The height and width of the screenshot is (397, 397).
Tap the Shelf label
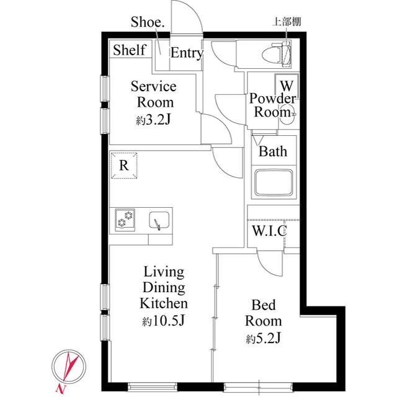point(130,50)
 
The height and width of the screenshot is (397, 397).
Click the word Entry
point(187,53)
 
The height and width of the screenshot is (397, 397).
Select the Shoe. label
point(148,24)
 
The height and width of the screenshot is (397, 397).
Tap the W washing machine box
point(287,84)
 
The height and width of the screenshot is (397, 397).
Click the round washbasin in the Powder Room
point(288,116)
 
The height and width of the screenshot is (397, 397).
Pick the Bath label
point(273,151)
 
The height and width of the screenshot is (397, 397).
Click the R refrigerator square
point(124,166)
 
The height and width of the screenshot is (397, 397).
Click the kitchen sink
point(159,220)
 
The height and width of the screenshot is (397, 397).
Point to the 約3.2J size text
point(153,120)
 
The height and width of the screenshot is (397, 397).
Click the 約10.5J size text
point(164,321)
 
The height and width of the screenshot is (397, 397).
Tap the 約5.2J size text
point(263,339)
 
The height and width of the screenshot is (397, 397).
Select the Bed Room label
point(263,313)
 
